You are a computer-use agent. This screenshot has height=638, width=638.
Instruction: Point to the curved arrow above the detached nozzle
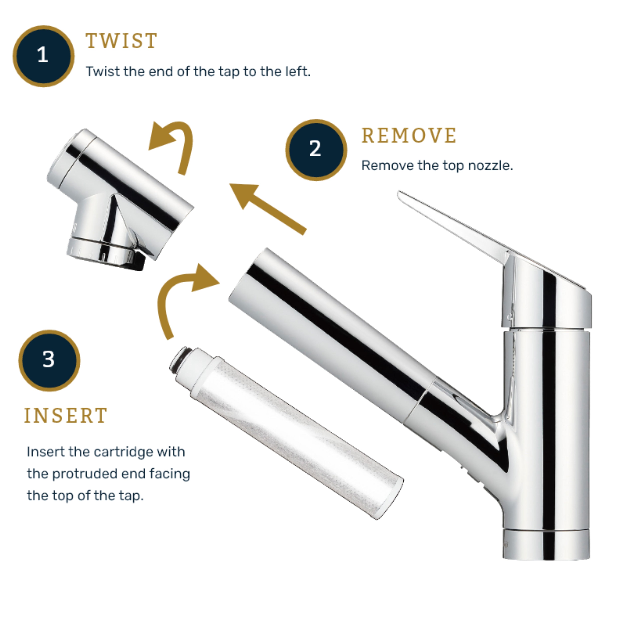coord(175,142)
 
